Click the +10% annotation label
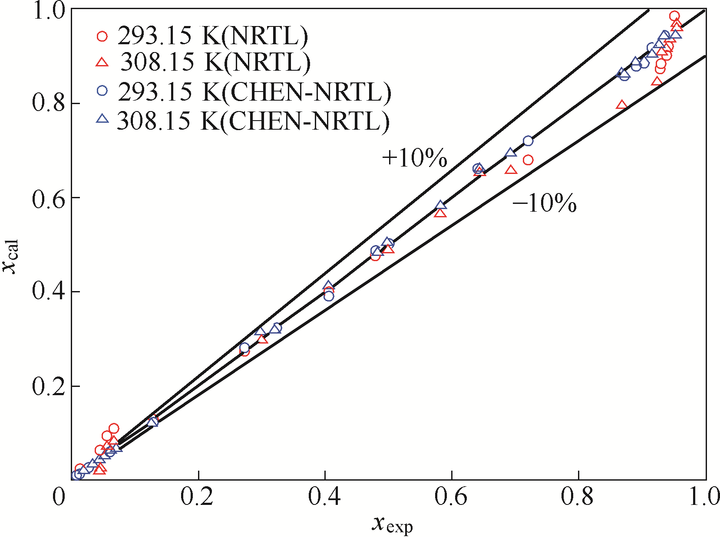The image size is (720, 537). point(414,158)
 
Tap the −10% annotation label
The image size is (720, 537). point(545,203)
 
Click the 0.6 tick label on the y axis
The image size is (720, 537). point(48,198)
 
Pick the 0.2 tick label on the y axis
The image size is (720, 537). point(48,386)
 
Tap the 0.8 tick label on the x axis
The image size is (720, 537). point(577,497)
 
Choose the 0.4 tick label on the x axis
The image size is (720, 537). point(324,497)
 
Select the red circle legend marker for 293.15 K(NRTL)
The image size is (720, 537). point(102,36)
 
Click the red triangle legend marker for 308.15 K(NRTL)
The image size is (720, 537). point(102,62)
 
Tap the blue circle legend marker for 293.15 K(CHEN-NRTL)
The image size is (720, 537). point(102,91)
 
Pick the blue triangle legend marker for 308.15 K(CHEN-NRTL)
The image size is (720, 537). point(102,118)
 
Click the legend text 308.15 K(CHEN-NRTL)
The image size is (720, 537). point(253,121)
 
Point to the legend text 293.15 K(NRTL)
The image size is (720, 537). point(213,36)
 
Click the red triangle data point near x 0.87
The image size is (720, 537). point(622,105)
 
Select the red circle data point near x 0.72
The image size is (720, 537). point(528,160)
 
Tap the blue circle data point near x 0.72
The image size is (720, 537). point(528,141)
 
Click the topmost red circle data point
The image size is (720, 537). point(674,16)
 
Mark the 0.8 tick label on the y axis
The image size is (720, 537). point(48,104)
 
